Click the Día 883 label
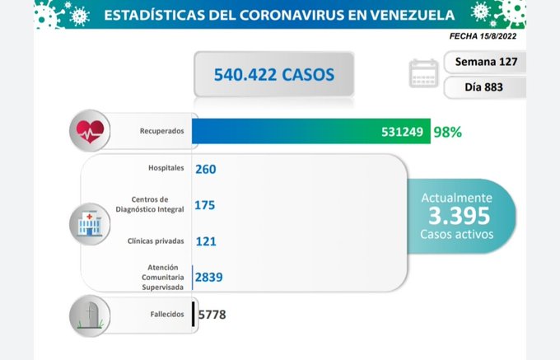click(484, 87)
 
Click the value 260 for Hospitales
click(206, 170)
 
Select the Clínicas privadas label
click(151, 241)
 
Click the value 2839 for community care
click(209, 277)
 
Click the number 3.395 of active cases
click(459, 216)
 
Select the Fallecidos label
click(155, 314)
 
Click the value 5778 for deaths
click(212, 314)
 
